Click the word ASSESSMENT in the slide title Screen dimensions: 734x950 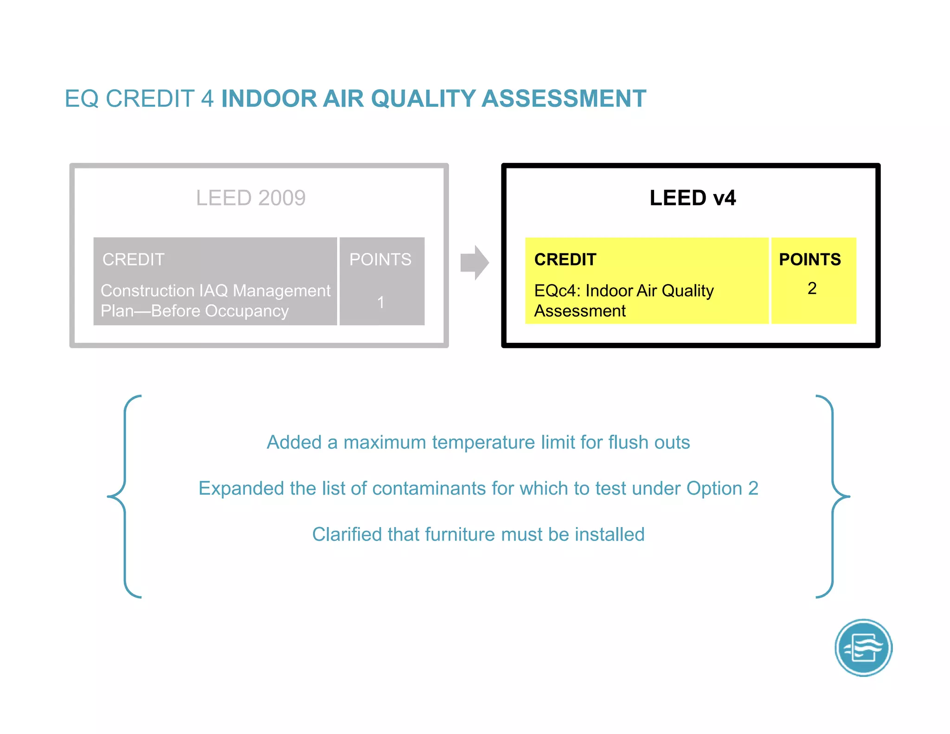[x=564, y=99]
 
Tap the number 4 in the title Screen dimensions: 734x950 [x=207, y=99]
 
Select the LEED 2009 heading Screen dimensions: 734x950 [x=250, y=198]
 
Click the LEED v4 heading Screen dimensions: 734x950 [x=692, y=198]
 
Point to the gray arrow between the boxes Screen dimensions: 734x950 [x=474, y=263]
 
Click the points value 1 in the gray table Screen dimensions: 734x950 [x=380, y=303]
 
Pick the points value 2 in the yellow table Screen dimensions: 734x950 [x=812, y=289]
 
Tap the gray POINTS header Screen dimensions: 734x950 [x=380, y=259]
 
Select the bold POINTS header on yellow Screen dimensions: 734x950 [x=809, y=259]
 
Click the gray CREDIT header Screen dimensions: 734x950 [x=134, y=259]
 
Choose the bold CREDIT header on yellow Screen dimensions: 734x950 [x=565, y=259]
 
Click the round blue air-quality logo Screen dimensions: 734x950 [x=863, y=648]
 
